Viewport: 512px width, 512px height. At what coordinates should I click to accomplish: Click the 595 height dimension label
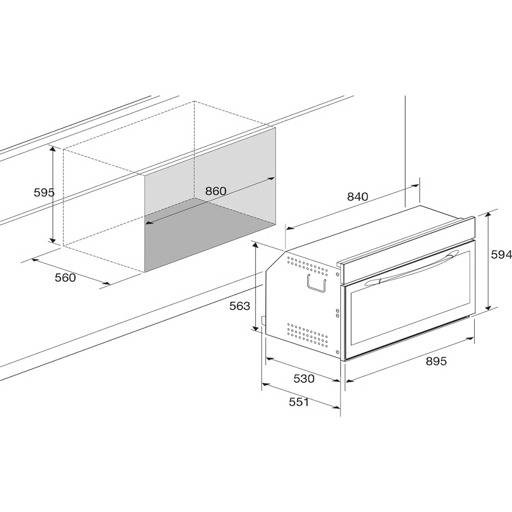pyautogui.click(x=44, y=193)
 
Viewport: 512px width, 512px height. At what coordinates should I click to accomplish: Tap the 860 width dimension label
pyautogui.click(x=216, y=191)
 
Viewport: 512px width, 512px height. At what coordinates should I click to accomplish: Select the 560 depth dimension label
pyautogui.click(x=66, y=278)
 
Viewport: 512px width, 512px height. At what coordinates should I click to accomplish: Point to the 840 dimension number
pyautogui.click(x=357, y=197)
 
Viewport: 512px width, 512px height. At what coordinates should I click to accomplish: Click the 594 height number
pyautogui.click(x=502, y=254)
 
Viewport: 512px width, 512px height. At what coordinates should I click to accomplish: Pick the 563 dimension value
pyautogui.click(x=240, y=306)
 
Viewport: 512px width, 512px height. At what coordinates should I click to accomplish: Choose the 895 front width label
pyautogui.click(x=436, y=361)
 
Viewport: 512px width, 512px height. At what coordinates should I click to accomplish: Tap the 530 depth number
pyautogui.click(x=304, y=379)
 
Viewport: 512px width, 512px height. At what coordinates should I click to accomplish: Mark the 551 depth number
pyautogui.click(x=299, y=402)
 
